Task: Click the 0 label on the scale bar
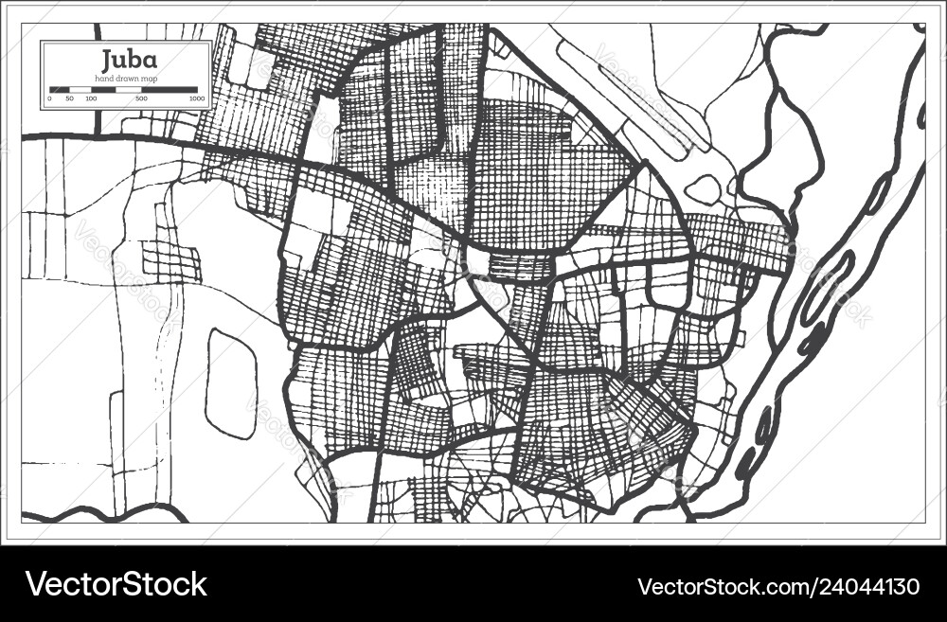pyautogui.click(x=50, y=98)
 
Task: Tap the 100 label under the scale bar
pyautogui.click(x=91, y=98)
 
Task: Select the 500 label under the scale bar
pyautogui.click(x=141, y=98)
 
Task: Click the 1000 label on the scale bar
pyautogui.click(x=196, y=98)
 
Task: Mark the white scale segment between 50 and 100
pyautogui.click(x=81, y=89)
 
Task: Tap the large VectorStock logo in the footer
pyautogui.click(x=116, y=584)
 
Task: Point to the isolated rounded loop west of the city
pyautogui.click(x=231, y=383)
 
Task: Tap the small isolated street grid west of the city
pyautogui.click(x=171, y=260)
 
